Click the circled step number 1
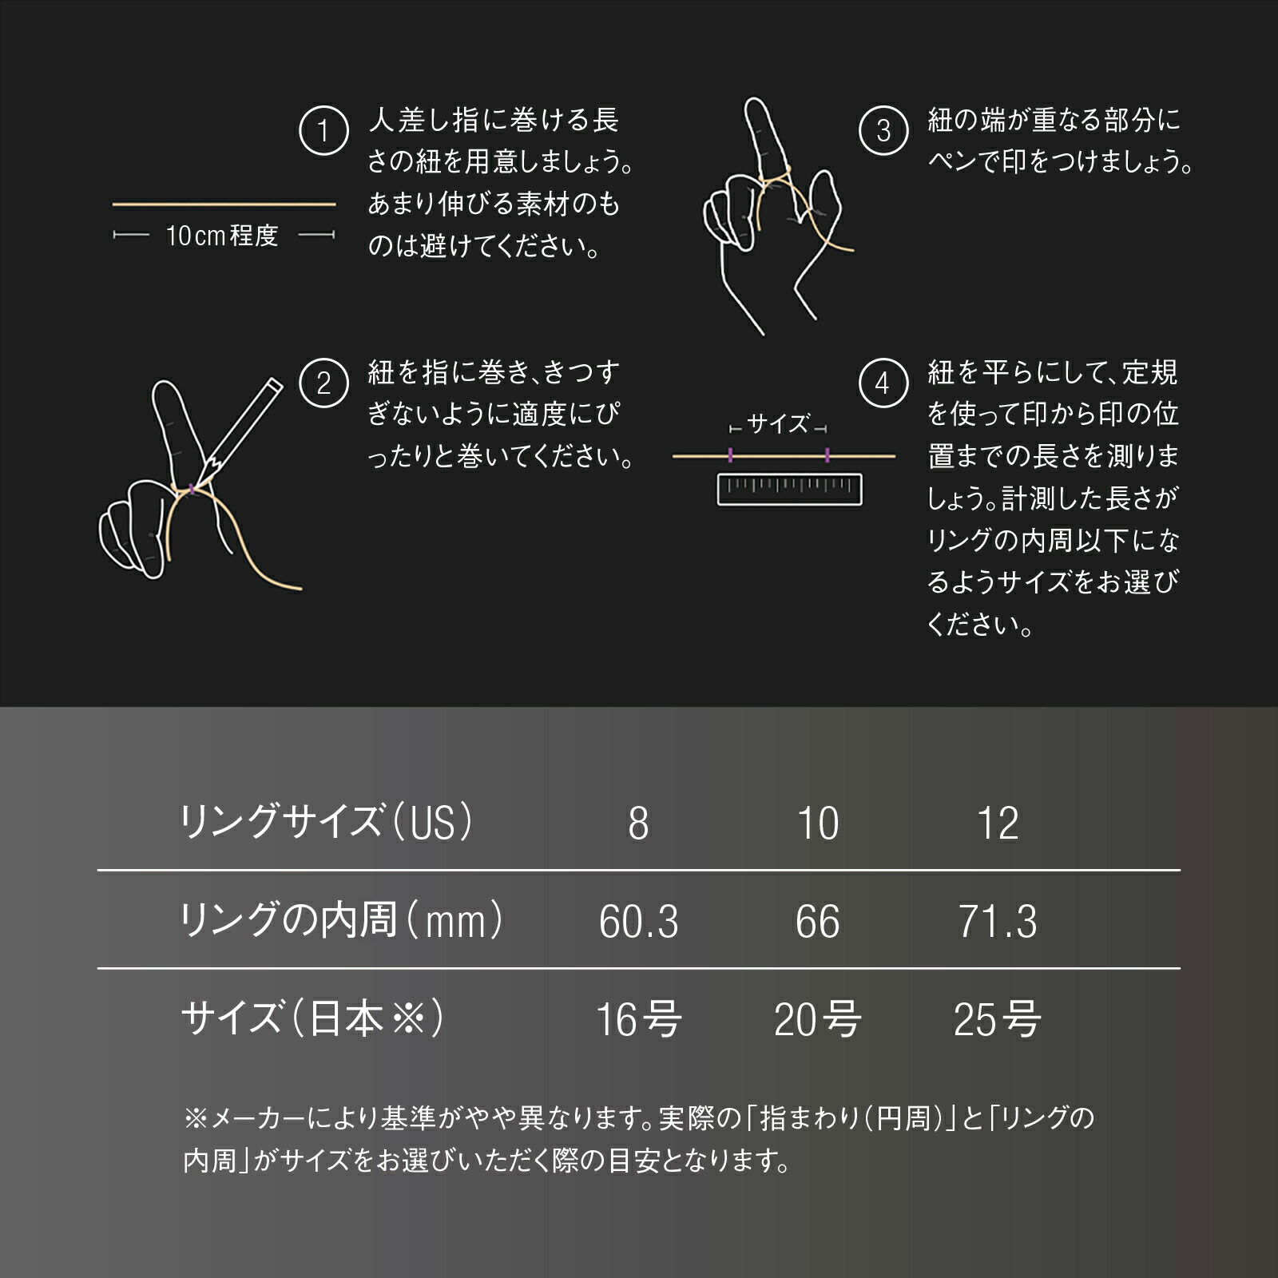point(323,131)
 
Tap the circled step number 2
point(323,383)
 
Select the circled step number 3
point(883,131)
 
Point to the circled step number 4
point(883,383)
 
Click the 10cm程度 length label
point(222,236)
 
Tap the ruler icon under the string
point(789,489)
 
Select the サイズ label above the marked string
point(778,424)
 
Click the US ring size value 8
point(638,824)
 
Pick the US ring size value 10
point(818,824)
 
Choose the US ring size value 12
point(998,824)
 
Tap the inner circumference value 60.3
point(638,922)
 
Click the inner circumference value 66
point(817,922)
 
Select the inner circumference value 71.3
point(998,922)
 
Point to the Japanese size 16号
point(638,1020)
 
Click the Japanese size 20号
point(817,1020)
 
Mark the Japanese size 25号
point(997,1020)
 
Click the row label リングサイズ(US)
point(327,822)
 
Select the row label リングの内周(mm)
point(341,920)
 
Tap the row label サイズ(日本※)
point(312,1018)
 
